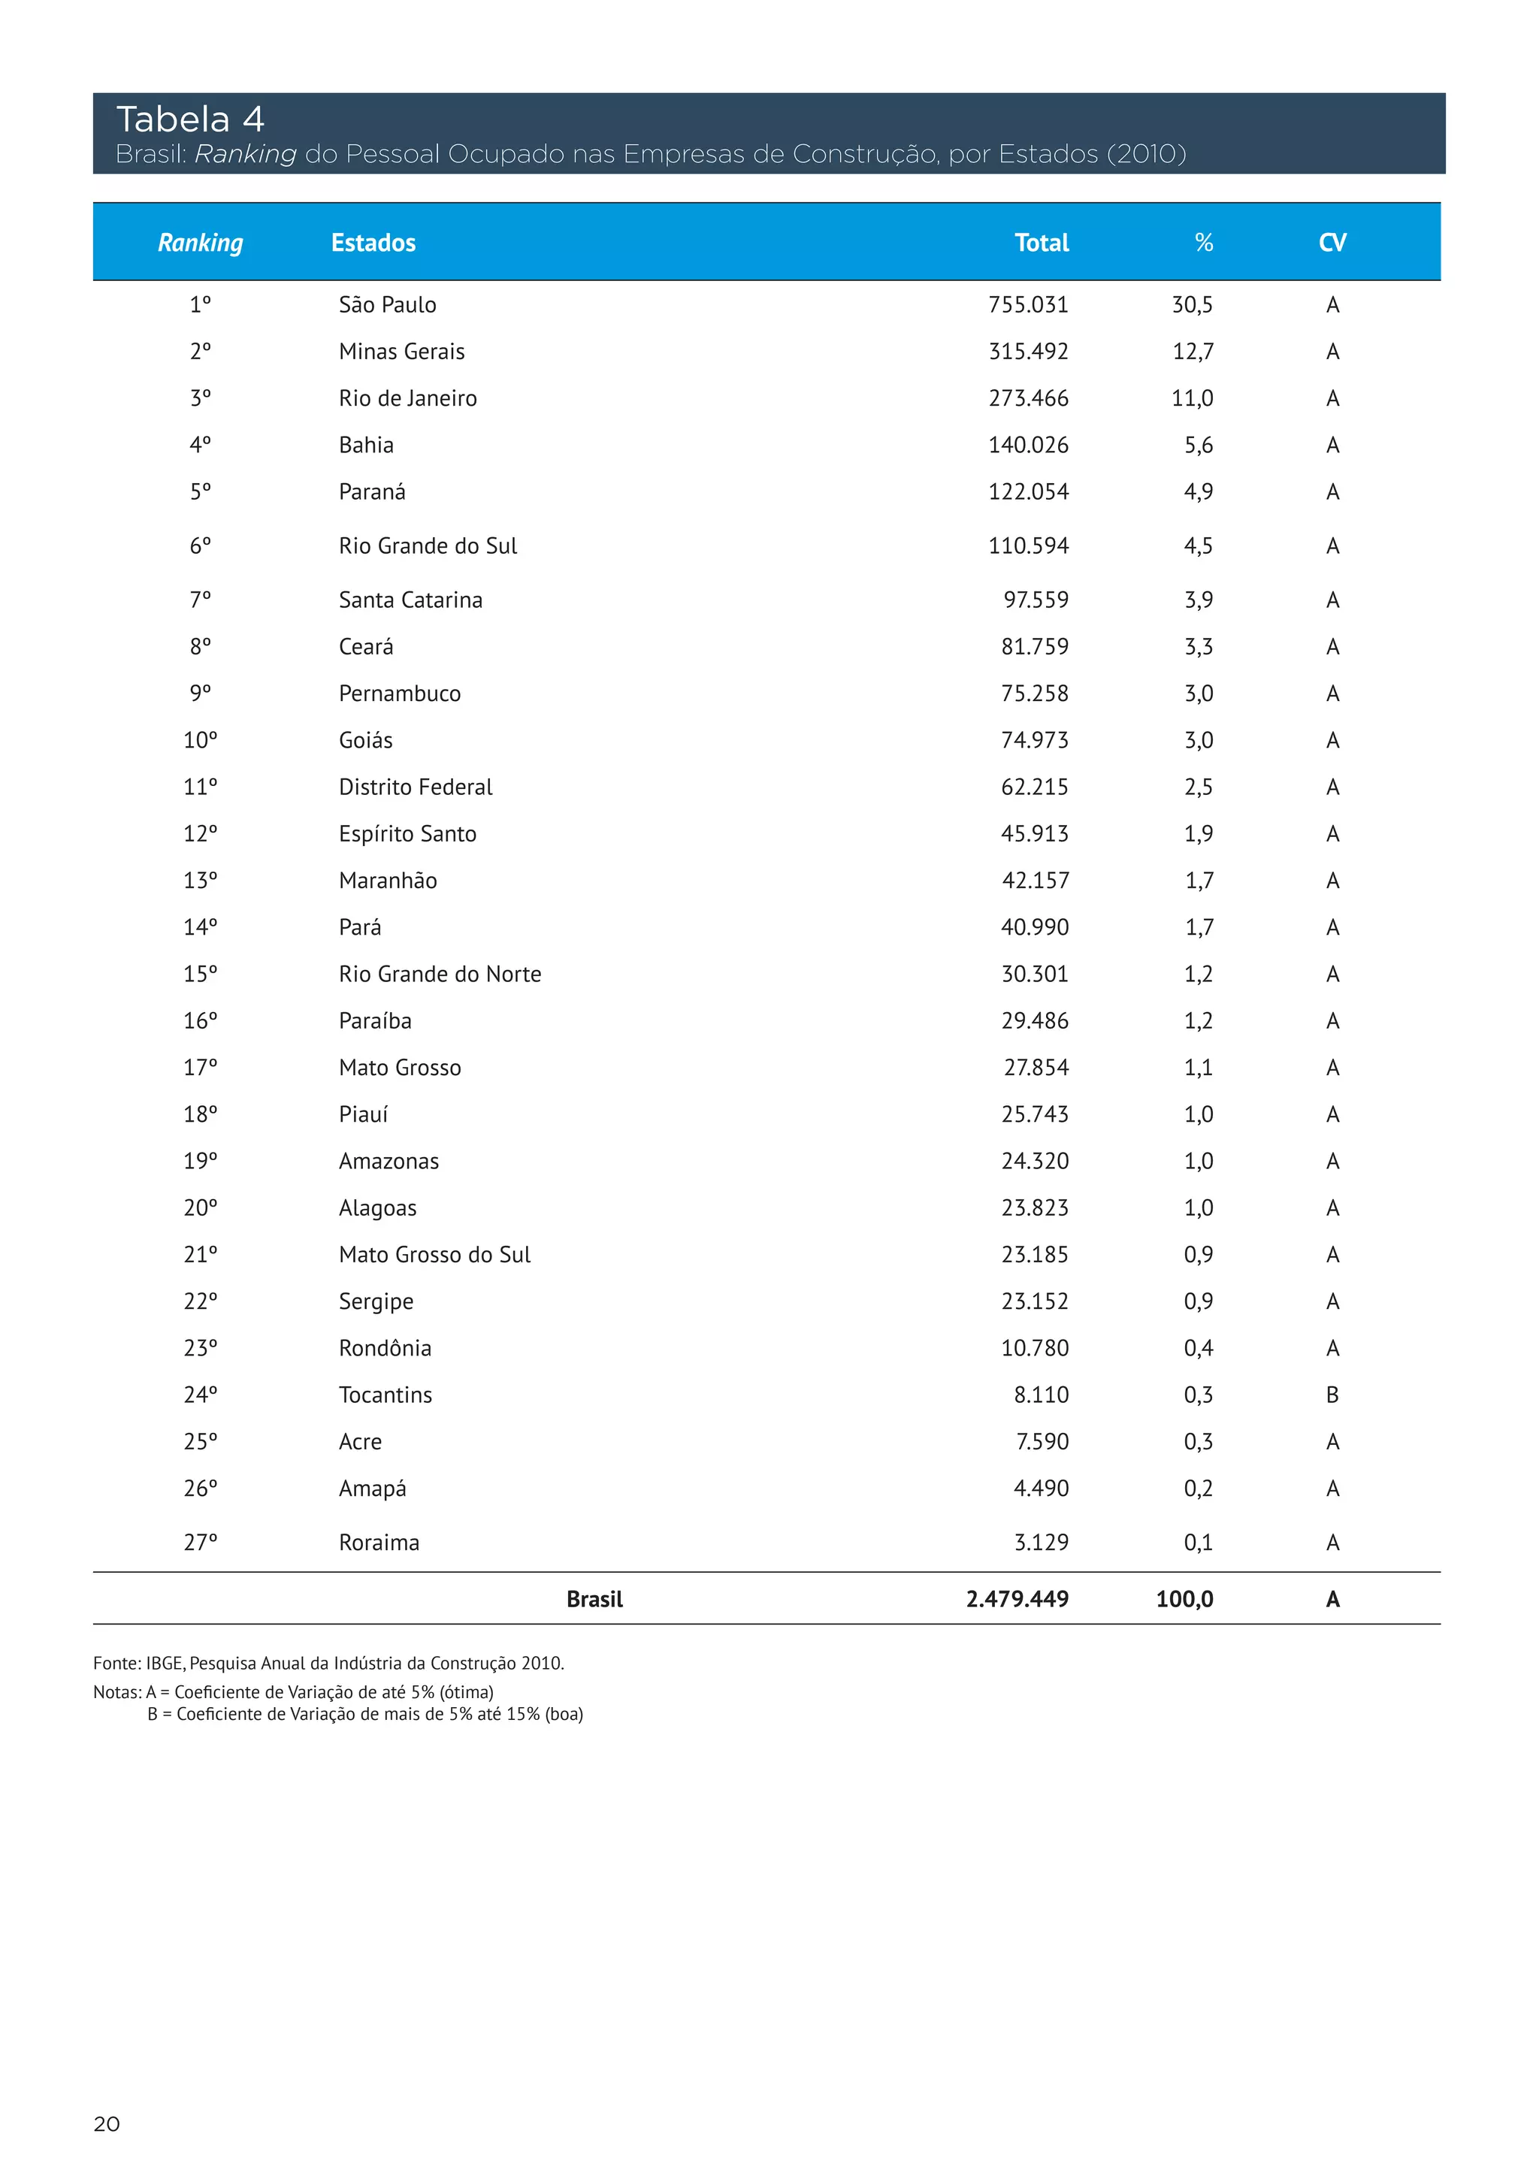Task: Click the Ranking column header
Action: coord(200,243)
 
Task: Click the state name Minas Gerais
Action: coord(402,352)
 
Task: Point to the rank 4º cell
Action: coord(200,445)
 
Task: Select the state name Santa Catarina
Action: coord(410,600)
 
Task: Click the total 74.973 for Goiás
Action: coord(1035,740)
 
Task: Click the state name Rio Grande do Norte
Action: coord(440,975)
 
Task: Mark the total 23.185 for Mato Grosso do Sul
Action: coord(1035,1255)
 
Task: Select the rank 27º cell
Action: coord(200,1543)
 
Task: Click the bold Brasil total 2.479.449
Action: coord(1017,1600)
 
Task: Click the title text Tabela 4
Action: coord(189,119)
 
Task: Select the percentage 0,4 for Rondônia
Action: coord(1198,1349)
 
